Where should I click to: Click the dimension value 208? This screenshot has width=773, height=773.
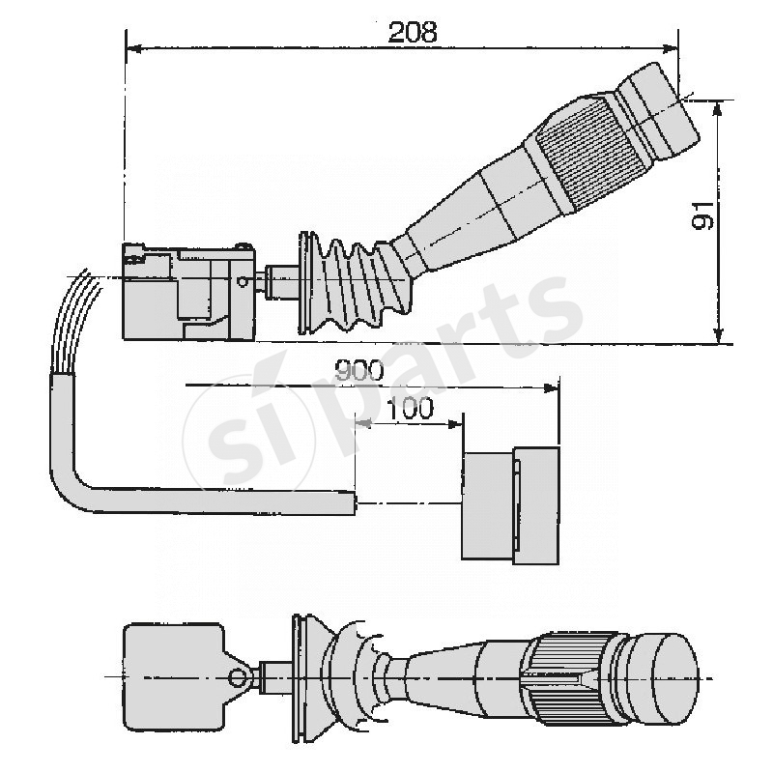pyautogui.click(x=413, y=31)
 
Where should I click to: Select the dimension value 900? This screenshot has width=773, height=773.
pyautogui.click(x=358, y=370)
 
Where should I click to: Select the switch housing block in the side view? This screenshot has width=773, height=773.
pyautogui.click(x=184, y=291)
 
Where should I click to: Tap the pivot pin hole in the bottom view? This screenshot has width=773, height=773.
pyautogui.click(x=234, y=675)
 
